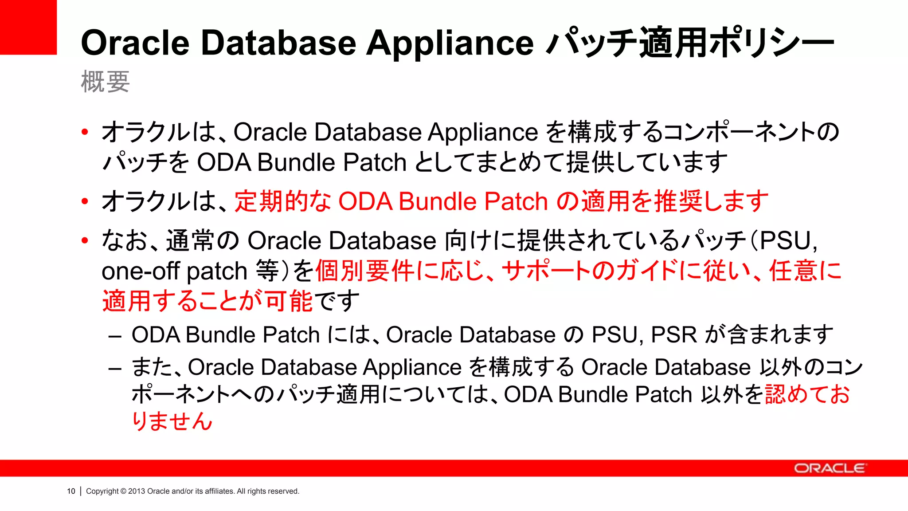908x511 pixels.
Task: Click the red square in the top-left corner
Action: (28, 27)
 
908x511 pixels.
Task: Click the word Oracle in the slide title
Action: (135, 43)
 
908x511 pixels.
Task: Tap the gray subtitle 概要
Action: (105, 82)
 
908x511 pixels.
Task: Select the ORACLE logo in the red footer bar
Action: (830, 468)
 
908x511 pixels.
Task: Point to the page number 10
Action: (71, 491)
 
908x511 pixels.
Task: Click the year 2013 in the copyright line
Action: (137, 491)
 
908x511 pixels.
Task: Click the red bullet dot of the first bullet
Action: (85, 132)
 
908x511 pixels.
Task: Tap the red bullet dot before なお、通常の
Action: (85, 241)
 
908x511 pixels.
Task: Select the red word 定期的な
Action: (283, 201)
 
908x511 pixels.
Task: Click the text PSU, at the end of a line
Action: (788, 241)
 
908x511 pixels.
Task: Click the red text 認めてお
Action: (807, 394)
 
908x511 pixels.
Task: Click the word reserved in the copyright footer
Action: (284, 491)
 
